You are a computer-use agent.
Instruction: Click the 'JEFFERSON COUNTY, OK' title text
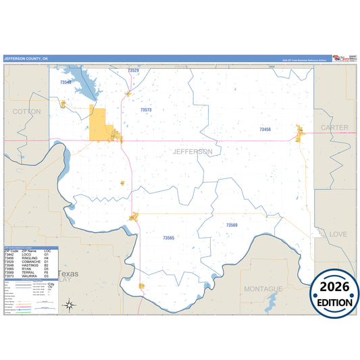tap(26, 59)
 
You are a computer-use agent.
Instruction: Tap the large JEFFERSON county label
tap(192, 152)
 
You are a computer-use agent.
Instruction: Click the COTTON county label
tap(26, 111)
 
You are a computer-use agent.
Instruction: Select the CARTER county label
tap(334, 128)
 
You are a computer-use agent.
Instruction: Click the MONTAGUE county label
tap(263, 289)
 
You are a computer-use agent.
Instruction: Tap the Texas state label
tap(68, 274)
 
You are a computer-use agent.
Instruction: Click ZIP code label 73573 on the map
tap(146, 109)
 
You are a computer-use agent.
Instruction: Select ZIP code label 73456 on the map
tap(265, 128)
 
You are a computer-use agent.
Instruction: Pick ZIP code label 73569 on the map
tap(232, 225)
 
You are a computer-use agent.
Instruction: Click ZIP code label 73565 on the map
tap(168, 238)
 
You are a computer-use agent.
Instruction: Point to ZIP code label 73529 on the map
tap(133, 71)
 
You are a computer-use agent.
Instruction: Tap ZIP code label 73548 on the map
tap(66, 82)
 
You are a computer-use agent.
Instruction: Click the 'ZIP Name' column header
tap(28, 251)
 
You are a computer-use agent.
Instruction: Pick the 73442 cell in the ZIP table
tap(9, 254)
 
